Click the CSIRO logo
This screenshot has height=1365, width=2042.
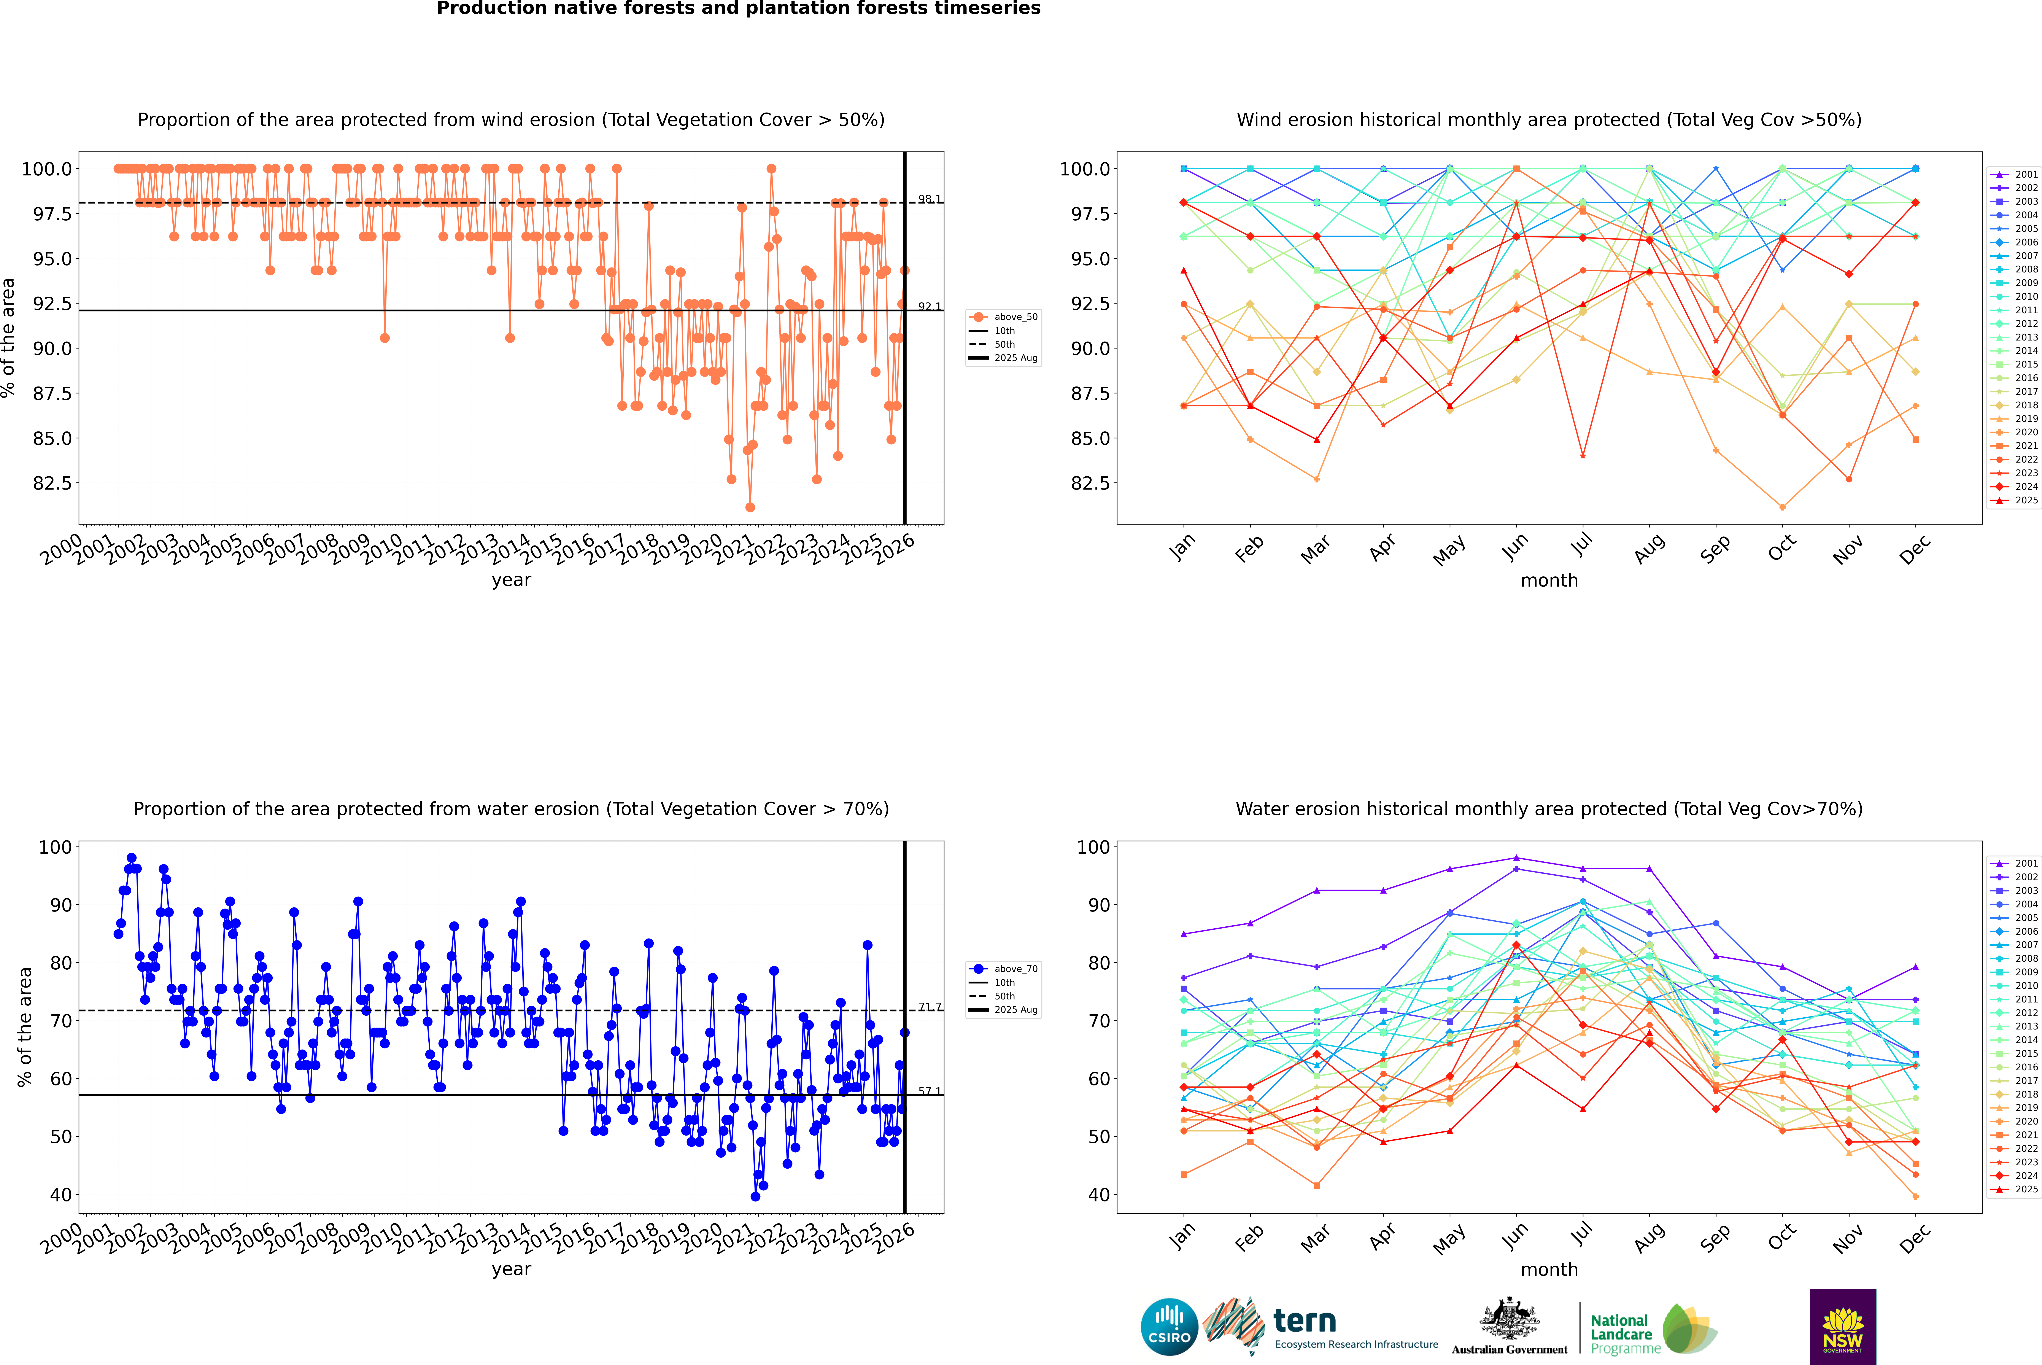(1169, 1327)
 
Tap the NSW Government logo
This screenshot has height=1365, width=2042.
(1843, 1327)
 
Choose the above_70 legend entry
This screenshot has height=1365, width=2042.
(1004, 969)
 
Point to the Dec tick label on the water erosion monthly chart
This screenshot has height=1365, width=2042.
(1915, 1238)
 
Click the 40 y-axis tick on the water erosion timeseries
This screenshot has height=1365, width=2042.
(61, 1195)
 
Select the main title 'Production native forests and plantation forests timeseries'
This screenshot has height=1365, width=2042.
(738, 9)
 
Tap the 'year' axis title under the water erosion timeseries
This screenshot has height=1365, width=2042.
(511, 1269)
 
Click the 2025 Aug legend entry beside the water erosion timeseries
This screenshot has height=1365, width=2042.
(1004, 1010)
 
